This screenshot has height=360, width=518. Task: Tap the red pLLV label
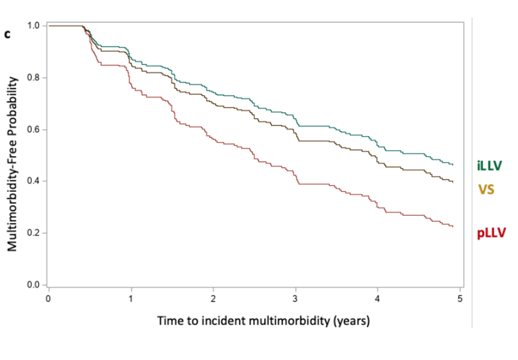point(491,232)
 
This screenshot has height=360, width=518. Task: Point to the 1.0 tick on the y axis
point(34,26)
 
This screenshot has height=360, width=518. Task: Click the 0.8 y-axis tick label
point(34,78)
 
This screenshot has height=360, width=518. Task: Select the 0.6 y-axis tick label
point(34,130)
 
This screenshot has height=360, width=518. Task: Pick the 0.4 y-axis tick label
point(34,181)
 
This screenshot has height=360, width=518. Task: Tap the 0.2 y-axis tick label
point(34,233)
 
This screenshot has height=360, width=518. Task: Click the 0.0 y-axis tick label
point(34,285)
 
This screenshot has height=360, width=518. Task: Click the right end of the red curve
point(453,227)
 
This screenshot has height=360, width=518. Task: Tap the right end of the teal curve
point(453,165)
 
